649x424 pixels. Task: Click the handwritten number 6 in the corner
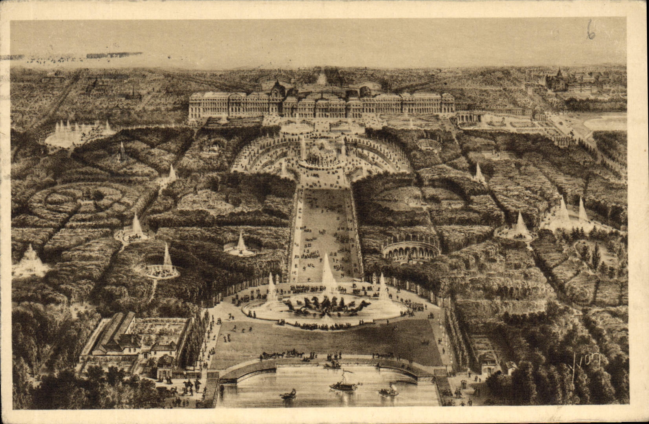pos(590,30)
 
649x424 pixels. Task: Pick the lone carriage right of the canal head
pos(383,356)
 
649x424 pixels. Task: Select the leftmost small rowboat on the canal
pos(289,394)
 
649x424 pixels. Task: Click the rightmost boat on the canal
pos(389,391)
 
